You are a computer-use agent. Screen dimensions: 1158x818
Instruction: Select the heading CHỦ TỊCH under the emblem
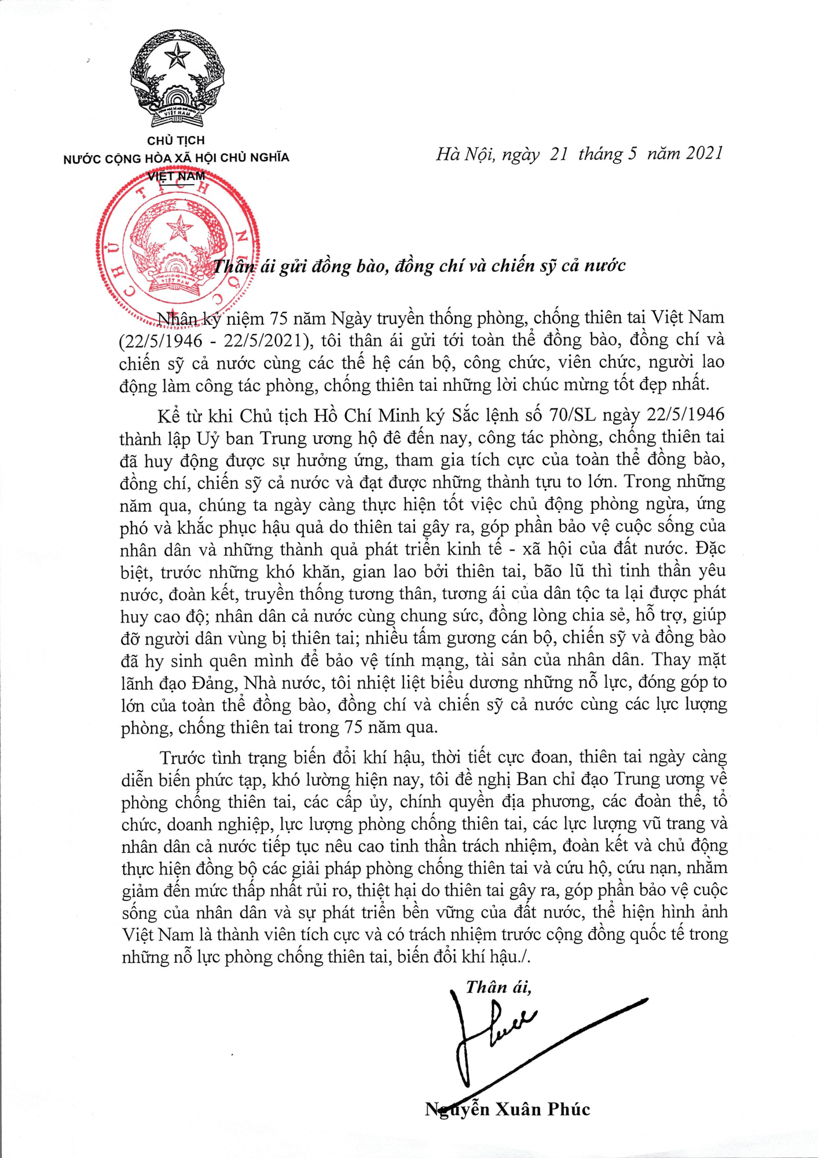click(x=176, y=141)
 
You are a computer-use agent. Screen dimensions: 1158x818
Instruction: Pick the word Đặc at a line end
click(x=711, y=548)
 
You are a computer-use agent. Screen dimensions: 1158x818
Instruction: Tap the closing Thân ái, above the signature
click(x=498, y=987)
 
